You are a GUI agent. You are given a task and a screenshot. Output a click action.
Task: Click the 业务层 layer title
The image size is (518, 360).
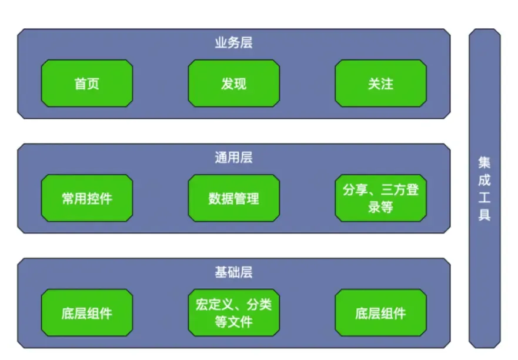click(233, 43)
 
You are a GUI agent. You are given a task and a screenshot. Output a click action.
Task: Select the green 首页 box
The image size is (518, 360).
click(87, 84)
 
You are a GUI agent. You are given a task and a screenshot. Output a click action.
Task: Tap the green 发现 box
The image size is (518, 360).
click(233, 84)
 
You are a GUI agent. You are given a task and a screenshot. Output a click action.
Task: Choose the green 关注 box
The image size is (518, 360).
click(380, 84)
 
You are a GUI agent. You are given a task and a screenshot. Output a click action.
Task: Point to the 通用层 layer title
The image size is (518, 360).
click(233, 158)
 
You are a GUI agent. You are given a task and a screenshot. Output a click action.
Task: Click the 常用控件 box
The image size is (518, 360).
click(87, 198)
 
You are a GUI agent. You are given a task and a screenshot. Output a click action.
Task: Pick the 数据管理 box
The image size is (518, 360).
click(233, 198)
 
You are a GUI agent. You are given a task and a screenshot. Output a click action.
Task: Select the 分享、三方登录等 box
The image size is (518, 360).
click(380, 198)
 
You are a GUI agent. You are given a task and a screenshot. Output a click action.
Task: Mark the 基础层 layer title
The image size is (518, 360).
click(233, 272)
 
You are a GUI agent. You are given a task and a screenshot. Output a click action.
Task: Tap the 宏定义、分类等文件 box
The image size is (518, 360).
click(233, 313)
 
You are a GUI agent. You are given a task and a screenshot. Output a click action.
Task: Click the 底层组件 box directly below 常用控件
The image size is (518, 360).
click(87, 313)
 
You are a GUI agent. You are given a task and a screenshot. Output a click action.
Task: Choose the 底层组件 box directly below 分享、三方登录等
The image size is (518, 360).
click(380, 313)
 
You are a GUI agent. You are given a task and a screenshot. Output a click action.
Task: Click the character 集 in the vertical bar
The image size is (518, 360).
click(484, 162)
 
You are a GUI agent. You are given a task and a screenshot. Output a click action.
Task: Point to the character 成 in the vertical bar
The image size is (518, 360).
click(484, 180)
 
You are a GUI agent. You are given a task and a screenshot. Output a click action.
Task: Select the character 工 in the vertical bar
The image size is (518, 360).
click(484, 198)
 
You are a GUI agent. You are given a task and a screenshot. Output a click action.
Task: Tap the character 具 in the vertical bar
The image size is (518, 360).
click(484, 215)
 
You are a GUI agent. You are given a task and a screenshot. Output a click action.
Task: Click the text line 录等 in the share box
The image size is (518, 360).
click(380, 207)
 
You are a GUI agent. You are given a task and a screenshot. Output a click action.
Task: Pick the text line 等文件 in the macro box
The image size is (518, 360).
click(233, 322)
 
